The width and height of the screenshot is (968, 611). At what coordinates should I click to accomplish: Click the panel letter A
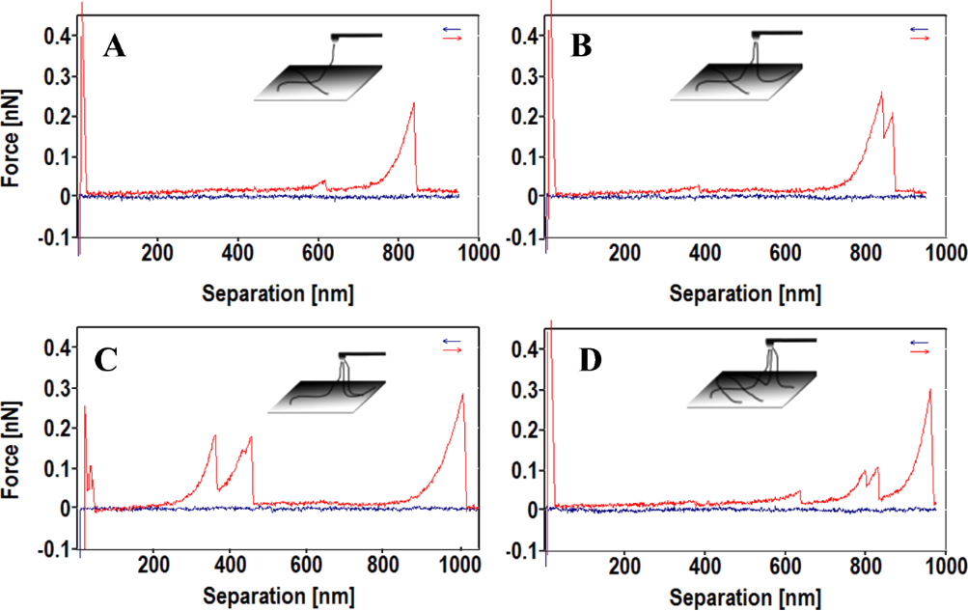(x=115, y=45)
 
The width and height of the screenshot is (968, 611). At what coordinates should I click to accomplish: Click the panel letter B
(x=582, y=45)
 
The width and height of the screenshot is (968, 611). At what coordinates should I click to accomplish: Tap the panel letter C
(x=107, y=361)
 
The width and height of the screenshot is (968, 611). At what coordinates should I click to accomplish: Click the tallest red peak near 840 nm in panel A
(x=414, y=103)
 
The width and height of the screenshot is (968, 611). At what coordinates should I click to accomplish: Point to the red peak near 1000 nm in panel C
(x=462, y=395)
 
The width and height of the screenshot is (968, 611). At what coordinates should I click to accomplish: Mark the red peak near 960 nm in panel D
(x=929, y=390)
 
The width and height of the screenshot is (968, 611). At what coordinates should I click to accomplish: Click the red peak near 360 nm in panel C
(x=214, y=436)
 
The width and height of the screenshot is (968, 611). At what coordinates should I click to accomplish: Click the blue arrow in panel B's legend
(x=918, y=29)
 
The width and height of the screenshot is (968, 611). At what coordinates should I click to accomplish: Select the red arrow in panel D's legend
(x=918, y=352)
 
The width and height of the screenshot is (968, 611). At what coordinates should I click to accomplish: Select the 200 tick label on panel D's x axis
(x=625, y=565)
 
